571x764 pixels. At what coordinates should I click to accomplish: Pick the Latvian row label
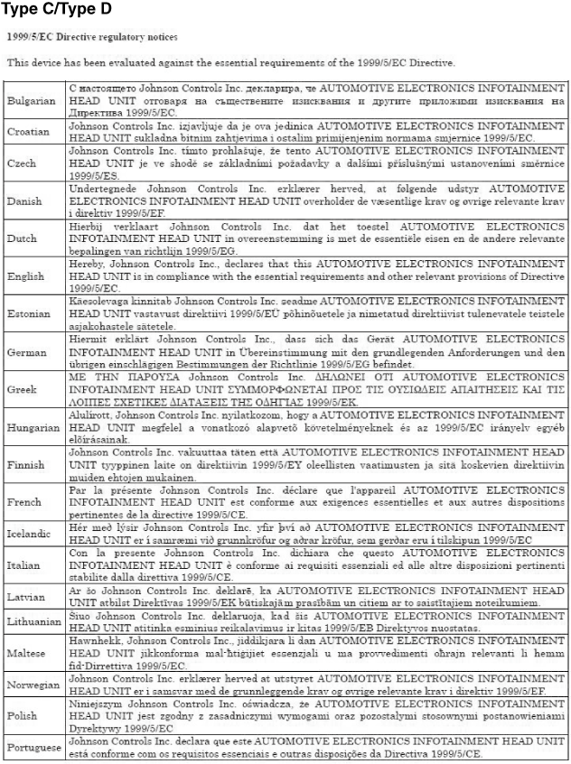26,596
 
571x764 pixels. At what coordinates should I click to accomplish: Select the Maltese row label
27,652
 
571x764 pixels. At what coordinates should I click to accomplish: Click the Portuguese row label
34,749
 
